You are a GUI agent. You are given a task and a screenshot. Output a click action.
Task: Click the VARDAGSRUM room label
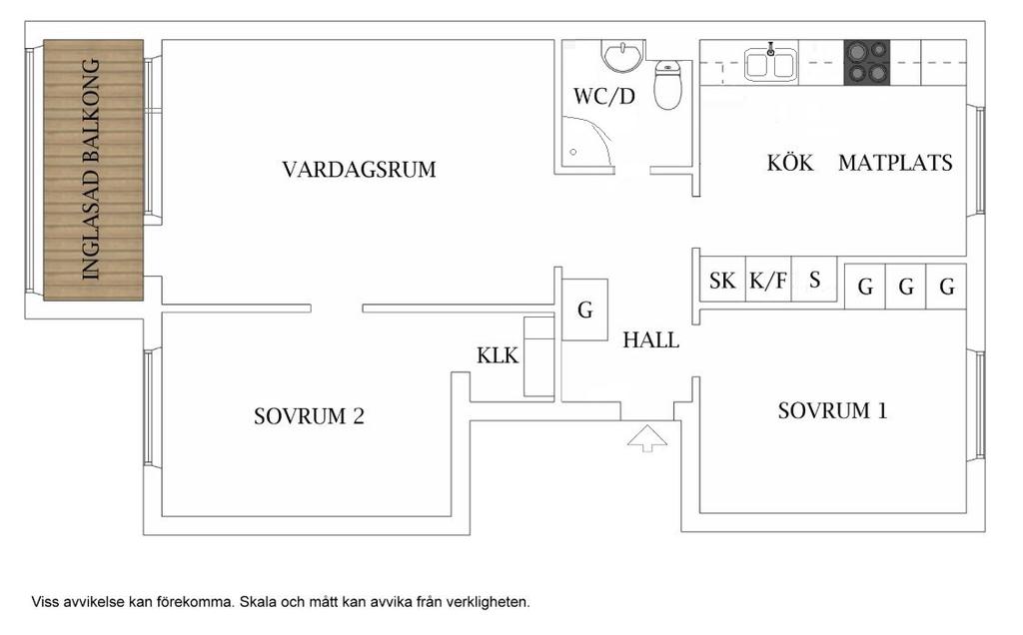coord(359,170)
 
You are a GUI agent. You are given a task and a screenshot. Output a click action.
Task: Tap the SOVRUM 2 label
coord(309,416)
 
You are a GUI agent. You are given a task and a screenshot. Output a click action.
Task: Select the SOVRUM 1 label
coord(832,410)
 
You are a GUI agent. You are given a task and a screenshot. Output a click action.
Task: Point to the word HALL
coord(651,340)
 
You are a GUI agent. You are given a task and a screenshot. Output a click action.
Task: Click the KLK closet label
coord(498,355)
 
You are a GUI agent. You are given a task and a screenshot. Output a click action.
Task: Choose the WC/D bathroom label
coord(604,97)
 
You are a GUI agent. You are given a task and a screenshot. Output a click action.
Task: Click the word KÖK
coord(791,163)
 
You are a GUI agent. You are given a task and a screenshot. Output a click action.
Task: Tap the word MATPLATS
coord(895,163)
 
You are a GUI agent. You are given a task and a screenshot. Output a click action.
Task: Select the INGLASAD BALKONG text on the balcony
coord(91,169)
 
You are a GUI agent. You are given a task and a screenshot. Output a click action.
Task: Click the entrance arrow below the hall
coord(647,437)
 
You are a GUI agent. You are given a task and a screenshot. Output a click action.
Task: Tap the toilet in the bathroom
coord(667,85)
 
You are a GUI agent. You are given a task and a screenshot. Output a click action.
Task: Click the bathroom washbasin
coord(622,56)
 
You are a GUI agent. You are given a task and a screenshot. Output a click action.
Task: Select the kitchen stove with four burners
coord(867,62)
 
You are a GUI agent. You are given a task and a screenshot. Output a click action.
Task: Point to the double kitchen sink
coord(771,65)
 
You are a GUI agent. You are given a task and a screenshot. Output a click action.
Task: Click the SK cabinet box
coord(721,282)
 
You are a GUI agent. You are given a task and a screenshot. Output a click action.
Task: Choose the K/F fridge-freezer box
coord(767,282)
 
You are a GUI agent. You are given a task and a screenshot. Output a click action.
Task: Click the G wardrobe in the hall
coord(585,311)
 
